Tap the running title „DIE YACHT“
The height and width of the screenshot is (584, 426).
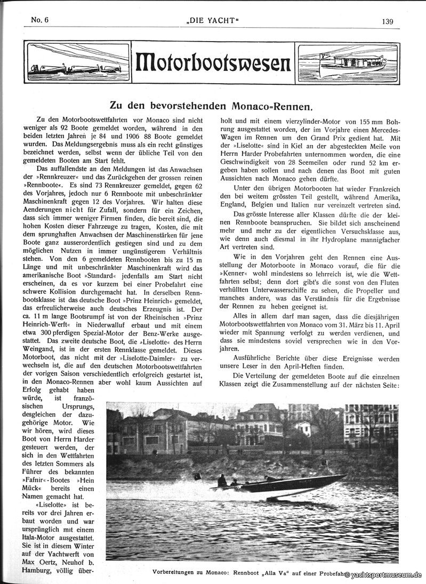pos(213,21)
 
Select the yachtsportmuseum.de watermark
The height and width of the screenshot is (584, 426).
pos(383,575)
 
